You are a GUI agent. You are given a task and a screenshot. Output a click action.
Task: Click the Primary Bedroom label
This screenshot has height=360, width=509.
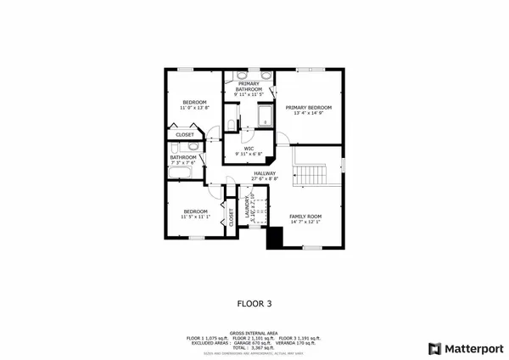308,108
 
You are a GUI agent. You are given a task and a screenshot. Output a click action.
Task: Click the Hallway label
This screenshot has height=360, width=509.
265,173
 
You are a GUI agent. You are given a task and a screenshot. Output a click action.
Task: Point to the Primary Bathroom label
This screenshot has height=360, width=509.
249,86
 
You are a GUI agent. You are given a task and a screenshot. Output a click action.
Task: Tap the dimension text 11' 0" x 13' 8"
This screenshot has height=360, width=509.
194,109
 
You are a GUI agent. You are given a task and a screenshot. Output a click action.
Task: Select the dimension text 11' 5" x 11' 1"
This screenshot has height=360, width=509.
194,217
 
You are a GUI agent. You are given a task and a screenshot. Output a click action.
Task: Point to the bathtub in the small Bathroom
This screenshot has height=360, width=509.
181,173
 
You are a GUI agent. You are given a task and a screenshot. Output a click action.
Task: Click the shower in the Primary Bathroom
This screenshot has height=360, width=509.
263,117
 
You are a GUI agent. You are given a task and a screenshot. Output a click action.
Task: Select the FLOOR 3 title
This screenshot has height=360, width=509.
254,301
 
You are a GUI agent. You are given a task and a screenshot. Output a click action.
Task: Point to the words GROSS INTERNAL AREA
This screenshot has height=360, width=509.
254,332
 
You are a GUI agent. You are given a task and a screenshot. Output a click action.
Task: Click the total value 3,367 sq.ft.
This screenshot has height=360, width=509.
263,347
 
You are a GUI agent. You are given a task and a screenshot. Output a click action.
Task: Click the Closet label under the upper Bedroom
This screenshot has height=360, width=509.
184,134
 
